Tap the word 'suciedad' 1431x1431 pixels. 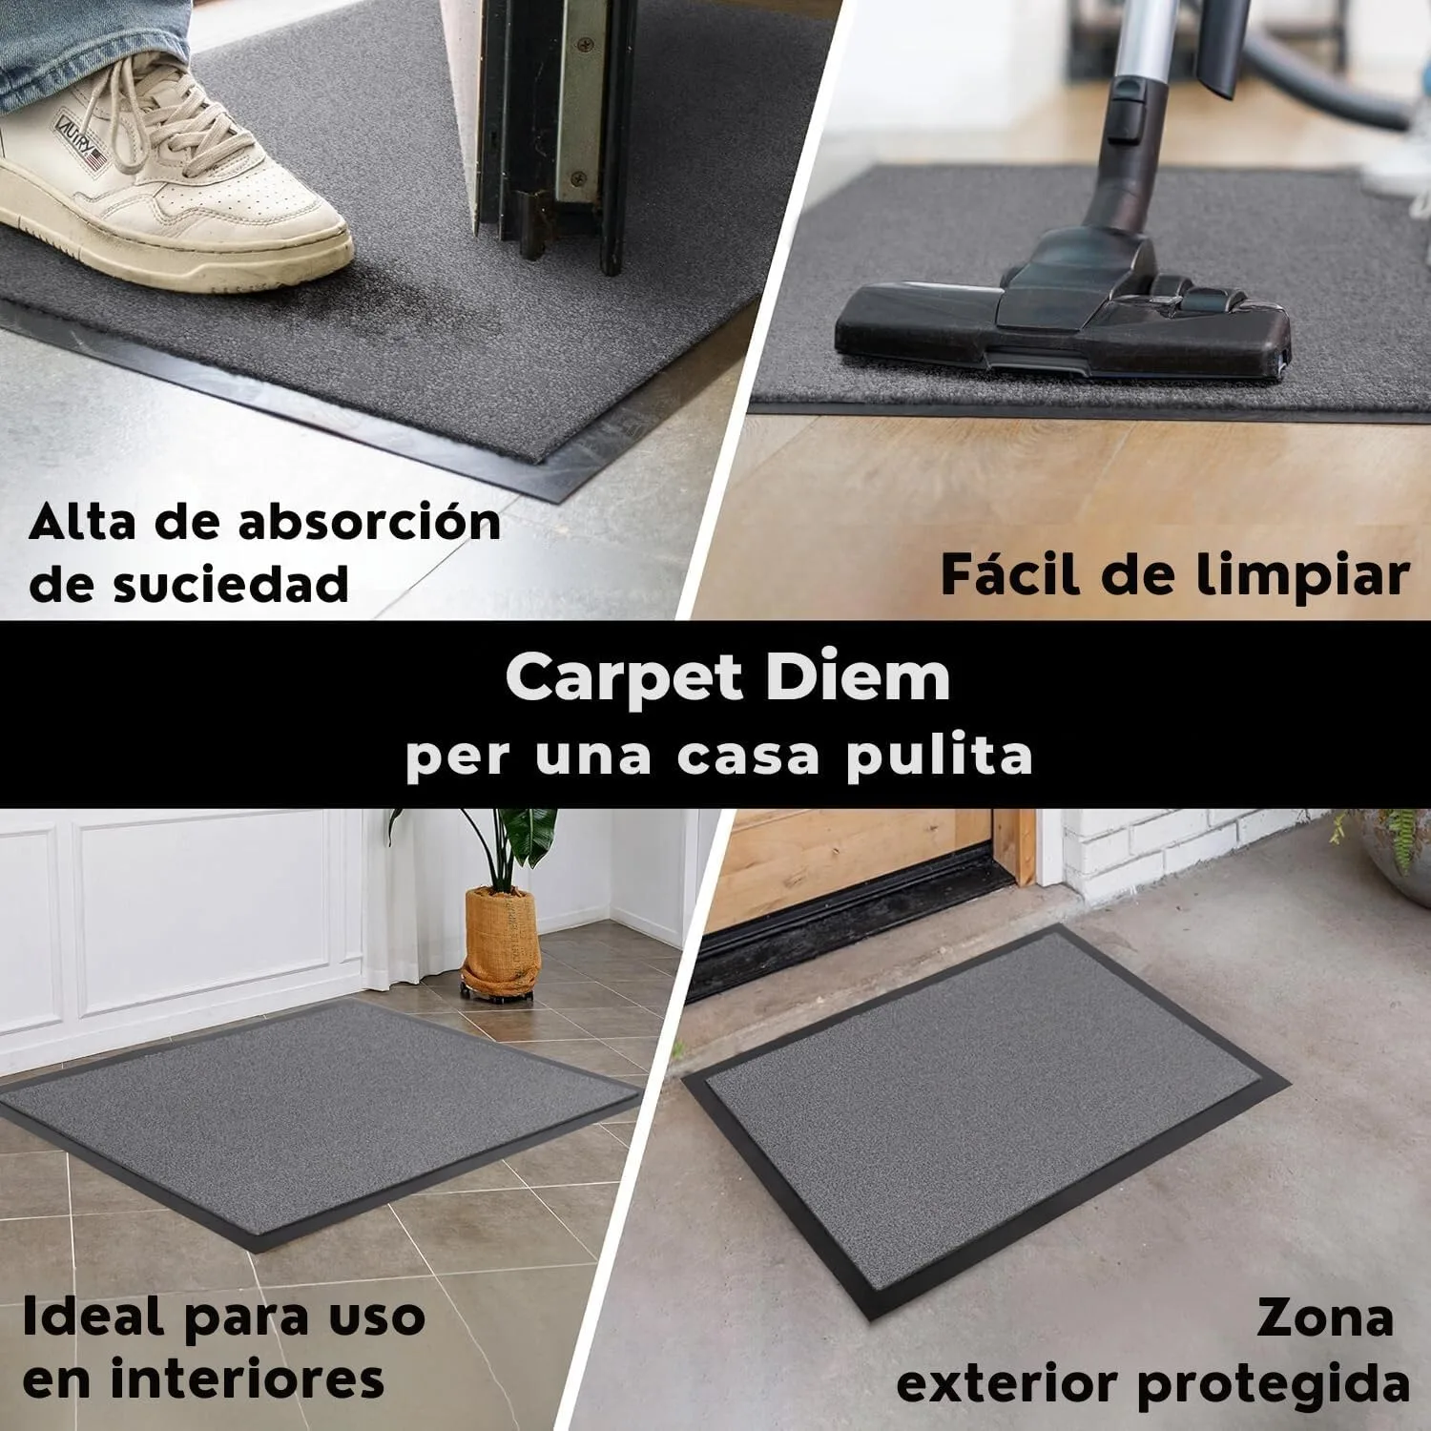tap(229, 584)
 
